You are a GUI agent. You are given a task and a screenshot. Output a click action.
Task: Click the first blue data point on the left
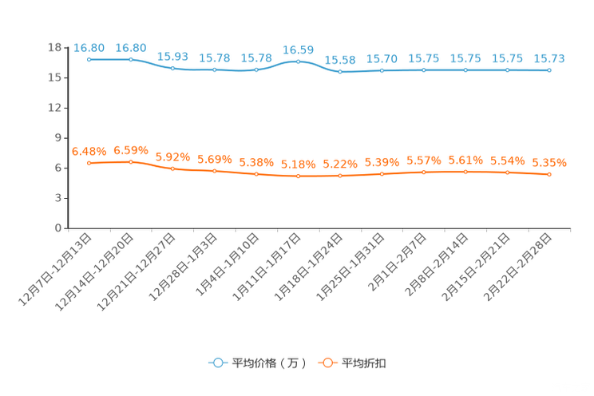pyautogui.click(x=89, y=59)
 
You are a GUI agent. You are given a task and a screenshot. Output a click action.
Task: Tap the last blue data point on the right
pyautogui.click(x=549, y=70)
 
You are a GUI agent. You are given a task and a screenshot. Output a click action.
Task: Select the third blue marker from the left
pyautogui.click(x=172, y=69)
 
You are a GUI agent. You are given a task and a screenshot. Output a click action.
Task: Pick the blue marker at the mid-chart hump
pyautogui.click(x=298, y=61)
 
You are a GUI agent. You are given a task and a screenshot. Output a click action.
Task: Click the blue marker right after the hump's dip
pyautogui.click(x=340, y=72)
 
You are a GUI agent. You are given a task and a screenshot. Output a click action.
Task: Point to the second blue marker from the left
pyautogui.click(x=131, y=59)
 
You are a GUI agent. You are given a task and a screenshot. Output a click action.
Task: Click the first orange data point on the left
pyautogui.click(x=89, y=163)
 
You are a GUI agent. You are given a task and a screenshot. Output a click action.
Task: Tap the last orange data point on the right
pyautogui.click(x=549, y=174)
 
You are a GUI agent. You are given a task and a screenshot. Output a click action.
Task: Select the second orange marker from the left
pyautogui.click(x=131, y=162)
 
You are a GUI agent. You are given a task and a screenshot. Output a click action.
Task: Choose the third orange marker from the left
pyautogui.click(x=172, y=168)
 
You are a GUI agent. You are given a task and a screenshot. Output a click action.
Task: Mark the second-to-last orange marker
pyautogui.click(x=507, y=172)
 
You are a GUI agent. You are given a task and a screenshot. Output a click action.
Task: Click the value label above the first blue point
pyautogui.click(x=89, y=48)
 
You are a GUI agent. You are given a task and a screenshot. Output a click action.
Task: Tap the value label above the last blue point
pyautogui.click(x=549, y=58)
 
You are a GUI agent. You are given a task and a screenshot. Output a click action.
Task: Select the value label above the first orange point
pyautogui.click(x=89, y=151)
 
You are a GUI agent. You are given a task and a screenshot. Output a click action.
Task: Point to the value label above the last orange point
pyautogui.click(x=549, y=163)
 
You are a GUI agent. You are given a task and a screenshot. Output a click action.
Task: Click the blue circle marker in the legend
pyautogui.click(x=216, y=362)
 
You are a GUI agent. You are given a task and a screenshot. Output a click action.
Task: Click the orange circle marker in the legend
pyautogui.click(x=326, y=362)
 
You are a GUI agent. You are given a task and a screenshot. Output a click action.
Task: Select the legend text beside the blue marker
pyautogui.click(x=268, y=363)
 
